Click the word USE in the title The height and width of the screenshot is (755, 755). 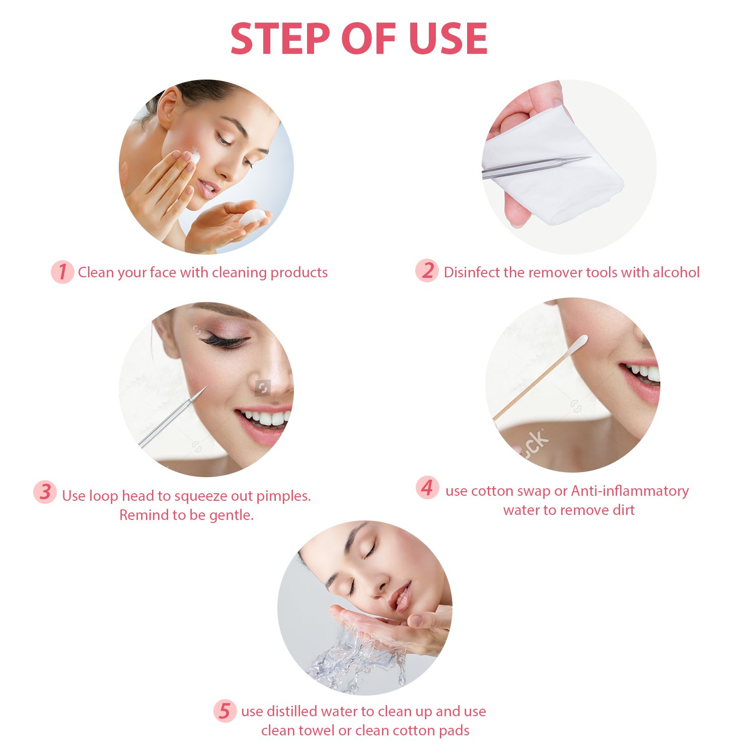pyautogui.click(x=448, y=39)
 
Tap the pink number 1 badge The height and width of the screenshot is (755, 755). pyautogui.click(x=62, y=272)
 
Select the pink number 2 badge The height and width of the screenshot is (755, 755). pyautogui.click(x=427, y=271)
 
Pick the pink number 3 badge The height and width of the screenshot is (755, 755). pyautogui.click(x=45, y=492)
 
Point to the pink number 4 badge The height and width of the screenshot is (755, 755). pyautogui.click(x=427, y=488)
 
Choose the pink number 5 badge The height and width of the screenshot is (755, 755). pyautogui.click(x=224, y=711)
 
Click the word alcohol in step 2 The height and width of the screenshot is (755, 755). pyautogui.click(x=676, y=272)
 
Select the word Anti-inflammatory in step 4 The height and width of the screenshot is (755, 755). pyautogui.click(x=630, y=491)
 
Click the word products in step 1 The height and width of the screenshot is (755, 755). pyautogui.click(x=299, y=272)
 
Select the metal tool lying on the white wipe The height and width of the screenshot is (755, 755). pyautogui.click(x=534, y=168)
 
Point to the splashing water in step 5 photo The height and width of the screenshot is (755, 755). pyautogui.click(x=352, y=654)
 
